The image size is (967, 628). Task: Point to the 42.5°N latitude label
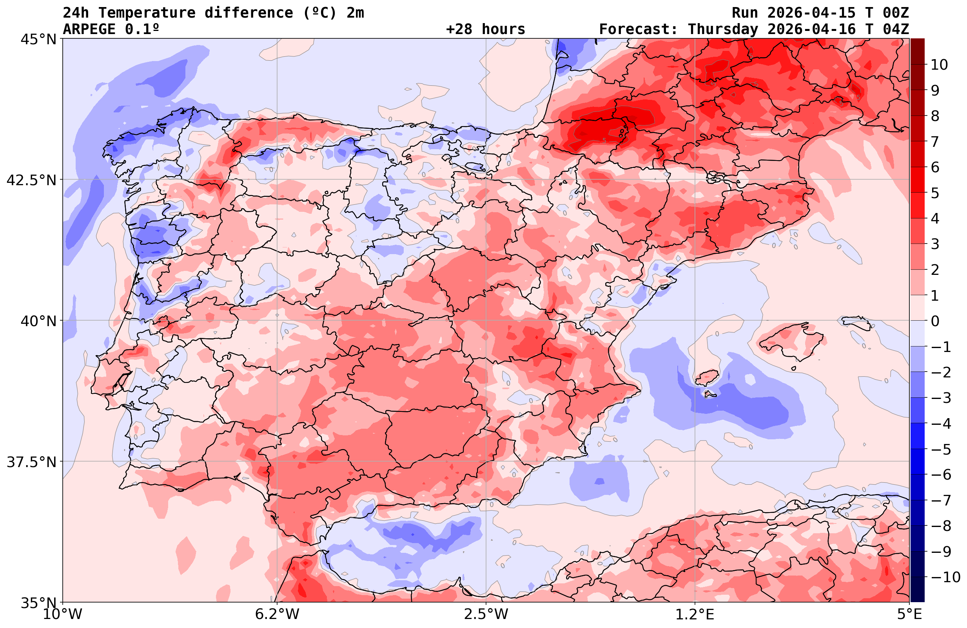pos(31,180)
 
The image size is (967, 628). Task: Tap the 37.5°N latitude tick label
pos(31,462)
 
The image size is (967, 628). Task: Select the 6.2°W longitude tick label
pos(277,614)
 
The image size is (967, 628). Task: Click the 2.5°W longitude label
pos(486,614)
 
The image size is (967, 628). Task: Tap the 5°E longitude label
pos(909,614)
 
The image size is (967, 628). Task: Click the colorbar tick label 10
pos(940,65)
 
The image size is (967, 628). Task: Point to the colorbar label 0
pos(935,321)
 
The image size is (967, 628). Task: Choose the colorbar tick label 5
pos(935,193)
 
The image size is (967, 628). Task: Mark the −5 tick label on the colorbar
pos(941,449)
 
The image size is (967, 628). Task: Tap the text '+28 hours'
pos(486,29)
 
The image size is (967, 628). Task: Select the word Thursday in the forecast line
pos(723,29)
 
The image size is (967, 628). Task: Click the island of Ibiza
pos(708,377)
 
